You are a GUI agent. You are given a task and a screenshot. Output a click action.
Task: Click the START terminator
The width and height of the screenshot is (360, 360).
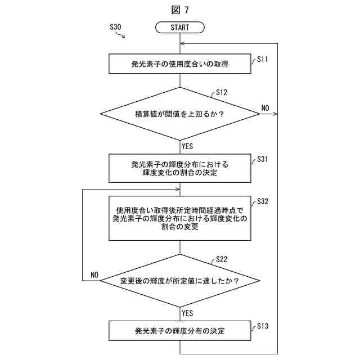(x=180, y=27)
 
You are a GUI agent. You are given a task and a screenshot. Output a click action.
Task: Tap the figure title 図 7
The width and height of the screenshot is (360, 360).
(x=180, y=10)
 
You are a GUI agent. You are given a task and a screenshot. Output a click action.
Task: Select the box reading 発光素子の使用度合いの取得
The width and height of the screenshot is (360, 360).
(x=180, y=64)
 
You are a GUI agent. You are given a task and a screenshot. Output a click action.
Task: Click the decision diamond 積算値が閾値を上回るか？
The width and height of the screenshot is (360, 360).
(x=180, y=114)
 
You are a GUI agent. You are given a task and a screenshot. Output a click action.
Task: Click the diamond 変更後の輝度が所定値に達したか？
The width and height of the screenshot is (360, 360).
(x=180, y=280)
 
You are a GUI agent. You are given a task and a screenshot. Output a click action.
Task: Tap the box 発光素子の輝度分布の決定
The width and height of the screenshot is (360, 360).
(x=180, y=331)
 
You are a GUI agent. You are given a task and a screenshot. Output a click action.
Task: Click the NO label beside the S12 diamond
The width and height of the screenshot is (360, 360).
(x=265, y=107)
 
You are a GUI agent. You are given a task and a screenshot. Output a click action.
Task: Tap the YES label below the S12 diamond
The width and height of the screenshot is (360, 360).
(x=188, y=146)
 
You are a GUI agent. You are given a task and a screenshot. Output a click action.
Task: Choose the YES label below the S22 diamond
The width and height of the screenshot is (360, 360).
(x=188, y=313)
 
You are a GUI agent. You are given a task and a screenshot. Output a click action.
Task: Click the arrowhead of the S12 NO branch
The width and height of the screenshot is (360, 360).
(x=275, y=114)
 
